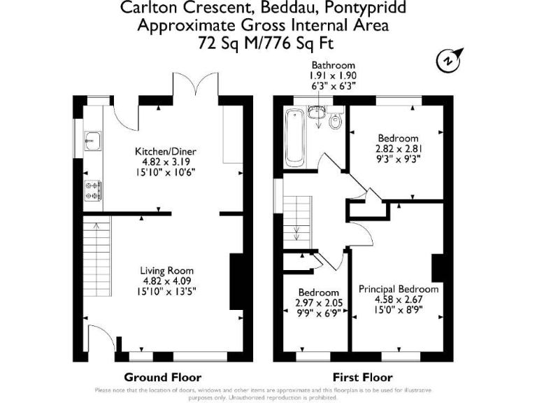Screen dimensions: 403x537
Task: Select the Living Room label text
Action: (x=166, y=271)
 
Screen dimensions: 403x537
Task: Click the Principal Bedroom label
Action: (x=399, y=289)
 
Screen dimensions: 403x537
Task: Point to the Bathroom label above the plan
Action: (x=333, y=65)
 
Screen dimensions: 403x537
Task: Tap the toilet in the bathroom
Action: (x=335, y=121)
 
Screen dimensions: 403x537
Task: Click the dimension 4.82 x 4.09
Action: (x=166, y=281)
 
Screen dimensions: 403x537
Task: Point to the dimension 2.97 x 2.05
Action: (x=319, y=304)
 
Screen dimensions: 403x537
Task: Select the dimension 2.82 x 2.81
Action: (x=398, y=148)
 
